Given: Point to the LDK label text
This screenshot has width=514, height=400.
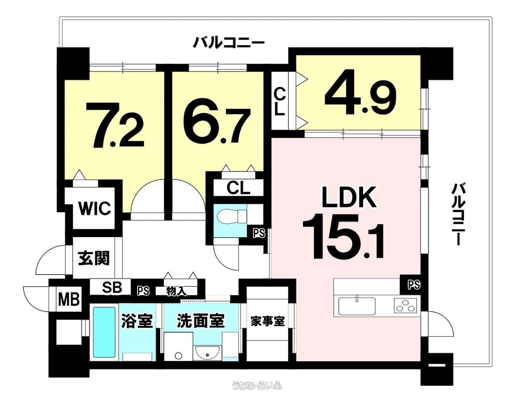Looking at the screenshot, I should click(x=349, y=197).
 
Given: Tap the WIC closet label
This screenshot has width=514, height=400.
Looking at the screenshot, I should click(x=95, y=208).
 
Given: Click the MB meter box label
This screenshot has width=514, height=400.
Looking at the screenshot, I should click(x=69, y=299).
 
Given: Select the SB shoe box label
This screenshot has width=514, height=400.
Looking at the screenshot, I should click(x=112, y=287).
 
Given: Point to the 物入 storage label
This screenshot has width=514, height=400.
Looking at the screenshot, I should click(x=176, y=291).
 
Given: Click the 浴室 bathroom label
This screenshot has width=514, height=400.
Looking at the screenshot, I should click(x=137, y=321).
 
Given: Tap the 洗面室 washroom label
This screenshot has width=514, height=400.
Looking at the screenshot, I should click(x=201, y=321).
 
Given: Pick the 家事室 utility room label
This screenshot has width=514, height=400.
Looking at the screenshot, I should click(x=268, y=321).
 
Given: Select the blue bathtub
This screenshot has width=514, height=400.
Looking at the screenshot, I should click(x=104, y=332).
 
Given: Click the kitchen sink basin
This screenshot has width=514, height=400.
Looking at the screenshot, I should click(x=356, y=306).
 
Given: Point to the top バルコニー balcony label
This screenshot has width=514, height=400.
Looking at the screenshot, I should click(x=228, y=42).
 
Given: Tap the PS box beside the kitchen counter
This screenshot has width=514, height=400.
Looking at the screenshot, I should click(x=414, y=285).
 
